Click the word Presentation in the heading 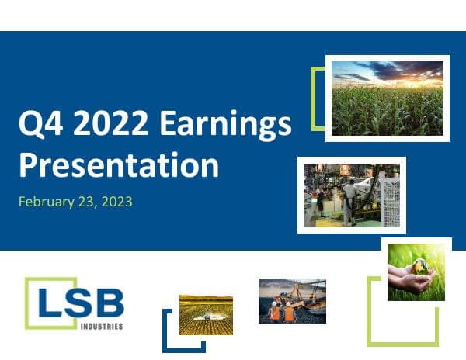pos(118,165)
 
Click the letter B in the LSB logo pos(108,300)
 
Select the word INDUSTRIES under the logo pos(102,327)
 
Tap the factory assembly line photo pos(351,194)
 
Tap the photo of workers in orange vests pos(292,300)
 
